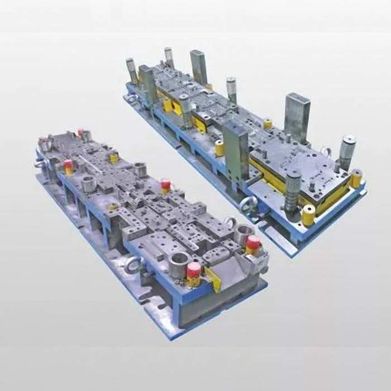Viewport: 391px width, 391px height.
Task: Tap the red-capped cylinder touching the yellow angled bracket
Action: pyautogui.click(x=194, y=273)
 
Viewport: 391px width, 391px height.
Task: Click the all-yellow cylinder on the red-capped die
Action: pyautogui.click(x=113, y=158)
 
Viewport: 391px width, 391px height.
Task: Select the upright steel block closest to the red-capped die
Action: pyautogui.click(x=234, y=151)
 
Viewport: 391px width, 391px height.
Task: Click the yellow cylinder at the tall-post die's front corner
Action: pyautogui.click(x=308, y=215)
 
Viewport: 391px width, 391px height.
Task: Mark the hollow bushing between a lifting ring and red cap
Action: pyautogui.click(x=244, y=233)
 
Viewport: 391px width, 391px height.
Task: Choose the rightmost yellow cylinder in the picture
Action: pyautogui.click(x=356, y=179)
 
